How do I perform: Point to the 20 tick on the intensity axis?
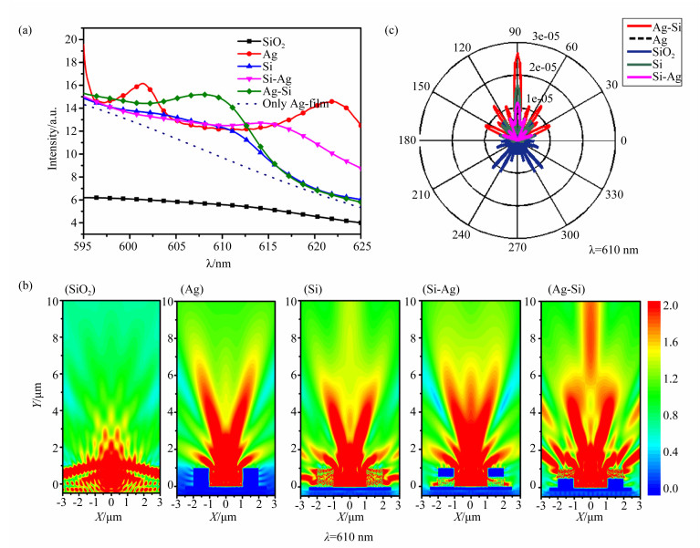coord(70,39)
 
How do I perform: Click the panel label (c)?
coord(392,30)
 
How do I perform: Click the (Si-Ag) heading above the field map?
coord(441,291)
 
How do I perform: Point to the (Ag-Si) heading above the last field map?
coord(563,291)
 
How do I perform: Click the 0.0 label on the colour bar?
coord(672,490)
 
